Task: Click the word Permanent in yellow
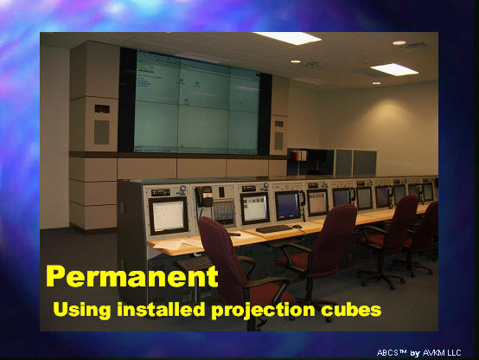[x=132, y=277]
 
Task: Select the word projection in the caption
[x=263, y=311]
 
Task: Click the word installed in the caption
[x=161, y=309]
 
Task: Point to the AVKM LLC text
[x=442, y=353]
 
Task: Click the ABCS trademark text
[x=392, y=353]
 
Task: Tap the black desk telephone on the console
[x=204, y=196]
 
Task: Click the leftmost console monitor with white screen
[x=169, y=215]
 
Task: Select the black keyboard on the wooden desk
[x=274, y=228]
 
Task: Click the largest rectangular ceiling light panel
[x=287, y=38]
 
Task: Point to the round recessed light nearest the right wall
[x=399, y=42]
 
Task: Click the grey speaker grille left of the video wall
[x=101, y=132]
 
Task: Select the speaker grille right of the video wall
[x=278, y=140]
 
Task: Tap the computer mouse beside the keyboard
[x=297, y=227]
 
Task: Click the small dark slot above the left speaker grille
[x=102, y=109]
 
